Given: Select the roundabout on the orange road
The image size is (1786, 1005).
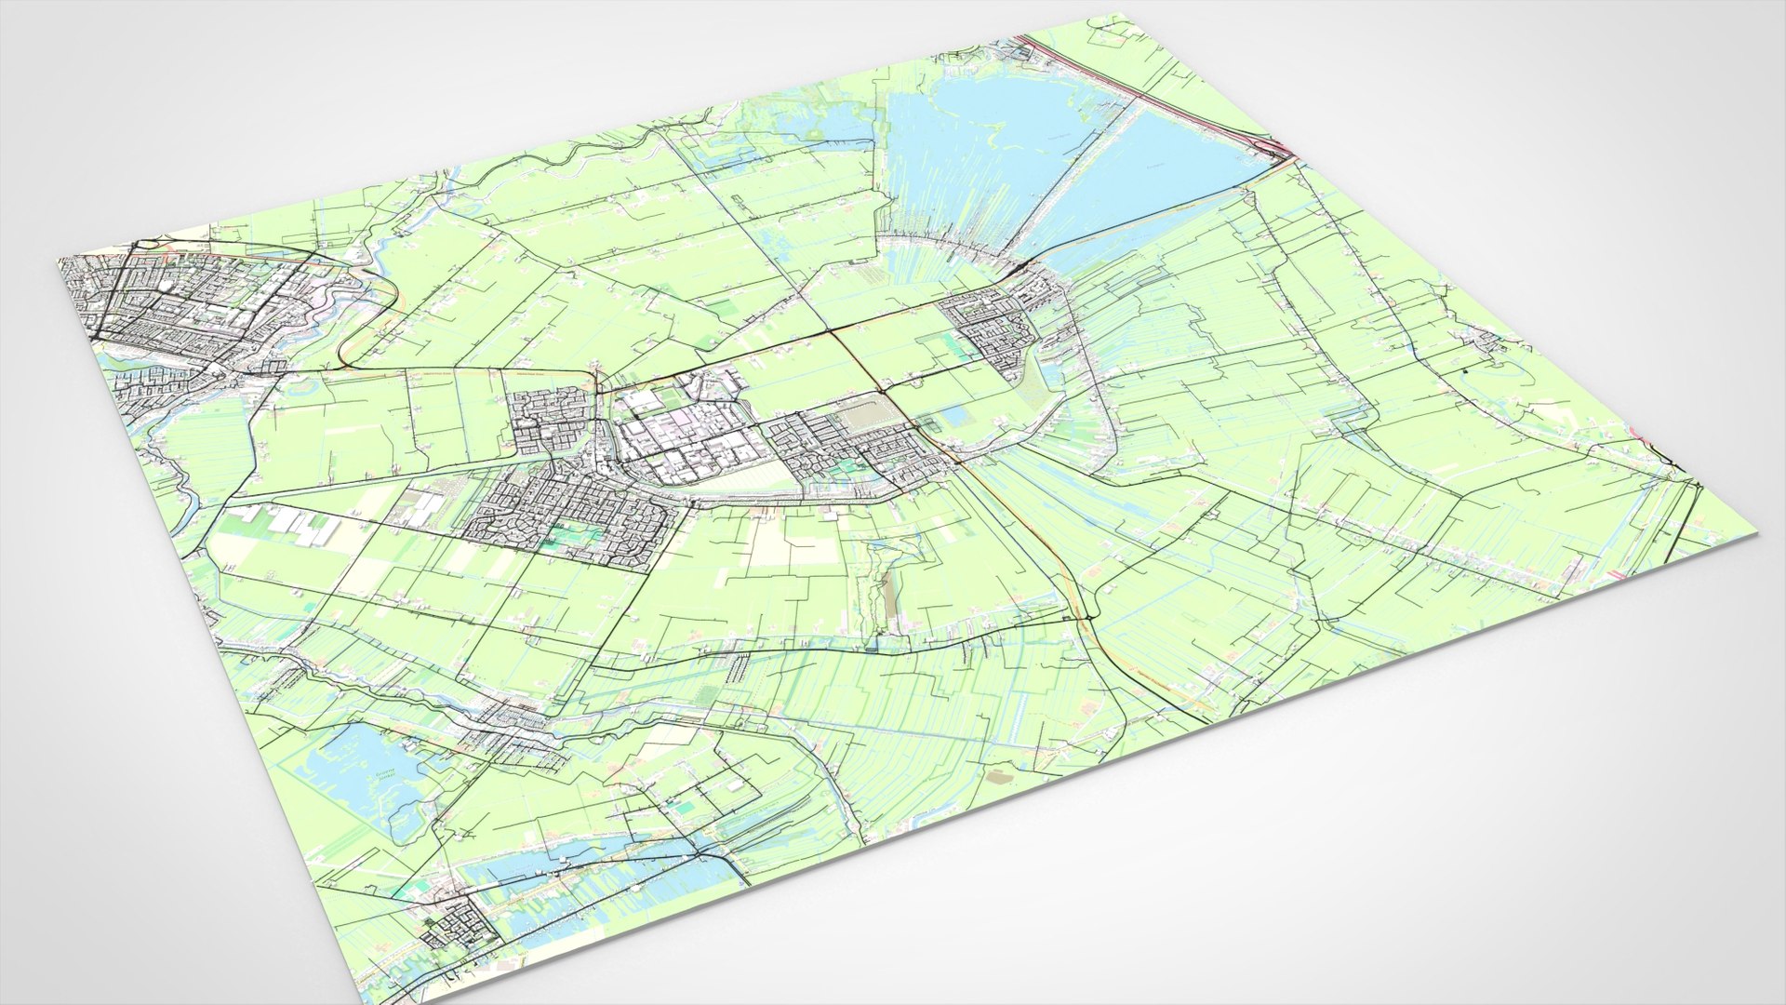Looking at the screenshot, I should pyautogui.click(x=1086, y=615).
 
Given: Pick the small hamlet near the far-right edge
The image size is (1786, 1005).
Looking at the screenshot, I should pyautogui.click(x=1488, y=344).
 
